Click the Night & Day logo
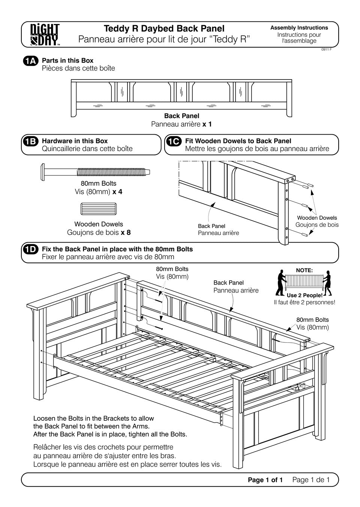pos(45,34)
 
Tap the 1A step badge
pos(30,61)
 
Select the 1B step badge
pos(30,141)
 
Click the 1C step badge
pos(174,141)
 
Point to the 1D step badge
pos(30,249)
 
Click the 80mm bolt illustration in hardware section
pos(96,172)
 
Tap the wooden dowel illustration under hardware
pos(99,208)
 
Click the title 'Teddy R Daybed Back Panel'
pos(164,28)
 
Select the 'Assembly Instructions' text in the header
pos(299,28)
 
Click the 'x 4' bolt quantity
pos(117,192)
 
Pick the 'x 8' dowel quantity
pos(126,232)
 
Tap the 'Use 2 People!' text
pos(304,295)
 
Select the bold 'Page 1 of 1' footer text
pos(265,480)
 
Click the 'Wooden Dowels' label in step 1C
pos(317,217)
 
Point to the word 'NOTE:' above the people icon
pos(304,270)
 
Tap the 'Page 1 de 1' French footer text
pos(311,480)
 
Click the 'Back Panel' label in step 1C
pos(211,226)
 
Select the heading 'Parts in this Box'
pos(67,60)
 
